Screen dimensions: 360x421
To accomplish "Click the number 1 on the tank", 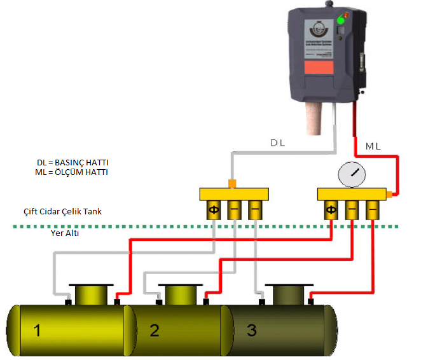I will click(38, 330).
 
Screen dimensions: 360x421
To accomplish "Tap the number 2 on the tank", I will click(154, 330).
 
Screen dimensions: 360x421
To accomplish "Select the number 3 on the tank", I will click(252, 330).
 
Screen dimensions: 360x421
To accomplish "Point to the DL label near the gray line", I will click(277, 143).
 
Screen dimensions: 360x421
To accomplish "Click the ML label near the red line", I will click(373, 147).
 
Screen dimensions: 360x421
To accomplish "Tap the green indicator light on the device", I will click(340, 20).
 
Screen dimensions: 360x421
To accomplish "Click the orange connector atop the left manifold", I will click(232, 184).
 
